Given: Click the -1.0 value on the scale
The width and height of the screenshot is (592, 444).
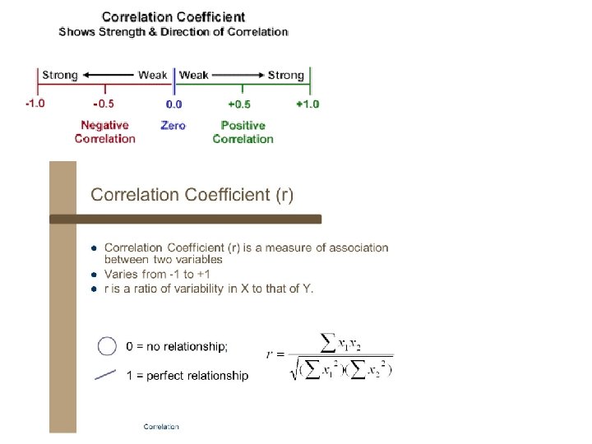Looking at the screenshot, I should coord(35,104).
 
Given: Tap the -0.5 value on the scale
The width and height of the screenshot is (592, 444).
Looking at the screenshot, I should coord(104,104).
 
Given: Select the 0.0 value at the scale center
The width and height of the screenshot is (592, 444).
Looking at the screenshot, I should coord(173,104).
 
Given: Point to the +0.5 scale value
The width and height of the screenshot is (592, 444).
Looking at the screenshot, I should coord(239,104).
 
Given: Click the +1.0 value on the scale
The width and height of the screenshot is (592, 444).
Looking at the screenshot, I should coord(307,104).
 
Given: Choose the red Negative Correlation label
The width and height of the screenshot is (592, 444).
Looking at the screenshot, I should coord(104,132).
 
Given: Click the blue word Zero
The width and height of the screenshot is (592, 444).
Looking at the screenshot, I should coord(173,126).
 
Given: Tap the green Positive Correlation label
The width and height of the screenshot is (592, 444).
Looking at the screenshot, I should coord(243,132).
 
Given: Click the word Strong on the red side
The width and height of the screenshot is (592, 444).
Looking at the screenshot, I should coord(59,76).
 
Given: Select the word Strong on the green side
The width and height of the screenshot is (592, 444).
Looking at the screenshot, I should coord(286,76).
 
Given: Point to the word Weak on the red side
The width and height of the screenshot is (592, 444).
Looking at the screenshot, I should coord(153,76).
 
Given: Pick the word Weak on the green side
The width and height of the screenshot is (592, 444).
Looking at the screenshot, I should coord(194,76).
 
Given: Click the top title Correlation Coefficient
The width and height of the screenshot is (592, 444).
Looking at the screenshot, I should coord(173,16).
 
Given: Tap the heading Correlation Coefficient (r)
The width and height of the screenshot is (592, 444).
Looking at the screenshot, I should coord(192,195).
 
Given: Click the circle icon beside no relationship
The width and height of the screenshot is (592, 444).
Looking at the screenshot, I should coord(107,346).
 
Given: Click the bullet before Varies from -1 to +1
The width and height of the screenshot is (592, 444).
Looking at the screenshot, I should coord(95,274).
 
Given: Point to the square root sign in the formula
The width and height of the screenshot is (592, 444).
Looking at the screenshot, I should coord(294,370).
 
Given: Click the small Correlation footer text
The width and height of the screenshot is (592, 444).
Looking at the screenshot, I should coord(161,426).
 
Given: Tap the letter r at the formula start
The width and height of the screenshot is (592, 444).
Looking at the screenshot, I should coord(270,354).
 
